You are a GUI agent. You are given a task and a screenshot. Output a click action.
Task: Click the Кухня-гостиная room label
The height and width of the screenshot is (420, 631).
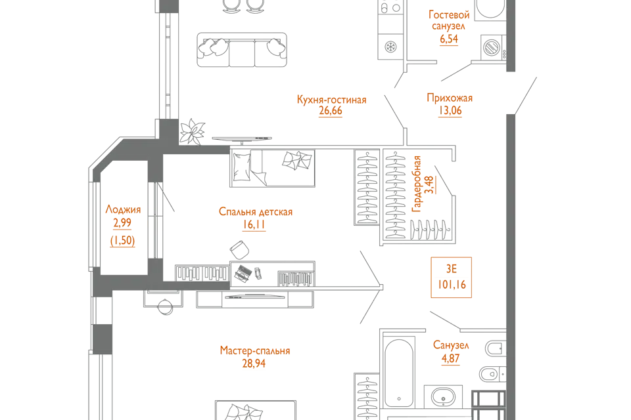[331, 100]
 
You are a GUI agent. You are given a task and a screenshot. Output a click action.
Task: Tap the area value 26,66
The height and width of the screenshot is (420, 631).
[331, 111]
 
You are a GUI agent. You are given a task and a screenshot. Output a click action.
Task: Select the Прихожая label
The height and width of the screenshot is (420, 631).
[450, 100]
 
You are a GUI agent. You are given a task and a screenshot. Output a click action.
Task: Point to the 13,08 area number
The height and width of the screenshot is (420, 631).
[450, 111]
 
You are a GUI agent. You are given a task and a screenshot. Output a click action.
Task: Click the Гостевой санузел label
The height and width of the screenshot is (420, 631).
[449, 20]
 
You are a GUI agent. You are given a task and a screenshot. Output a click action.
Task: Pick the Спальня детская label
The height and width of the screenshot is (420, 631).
[257, 213]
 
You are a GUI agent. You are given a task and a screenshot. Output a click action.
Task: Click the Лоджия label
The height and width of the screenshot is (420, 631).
[123, 211]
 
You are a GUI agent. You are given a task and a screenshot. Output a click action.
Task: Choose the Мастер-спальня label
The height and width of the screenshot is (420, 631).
[255, 351]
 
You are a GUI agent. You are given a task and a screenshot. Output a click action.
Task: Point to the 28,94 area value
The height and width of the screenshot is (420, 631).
[256, 362]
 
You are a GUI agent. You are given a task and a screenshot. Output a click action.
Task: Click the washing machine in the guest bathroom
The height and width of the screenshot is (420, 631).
[491, 47]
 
